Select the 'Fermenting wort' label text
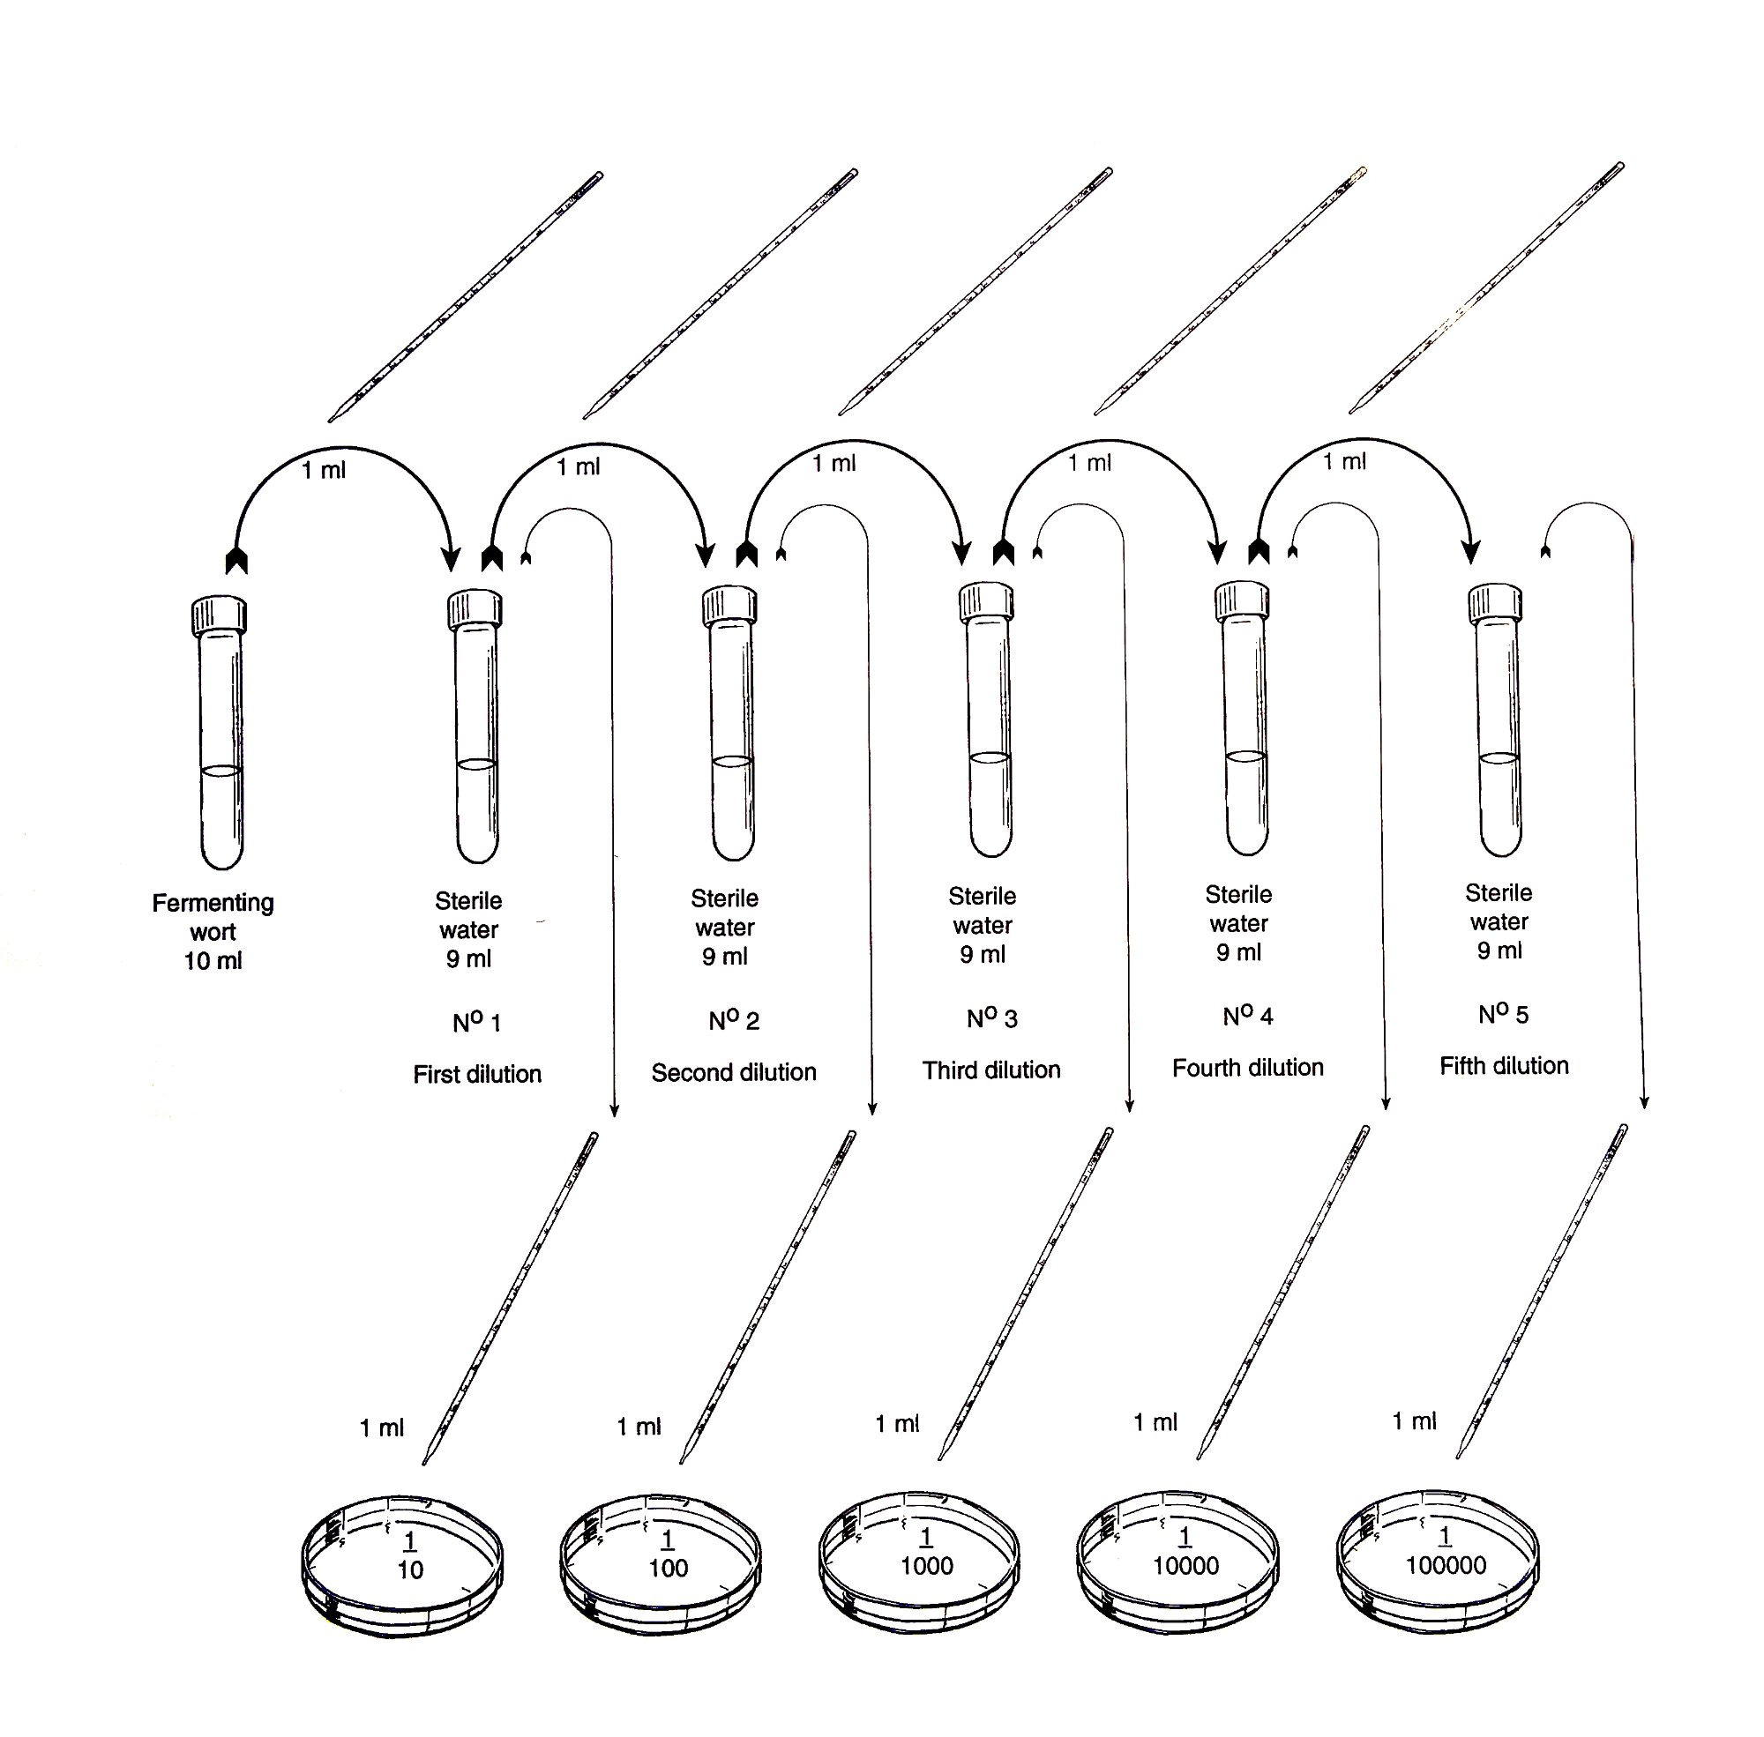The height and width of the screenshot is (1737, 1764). [x=213, y=917]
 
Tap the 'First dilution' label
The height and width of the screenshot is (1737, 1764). [x=476, y=1074]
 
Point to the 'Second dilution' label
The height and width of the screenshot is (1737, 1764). [x=734, y=1072]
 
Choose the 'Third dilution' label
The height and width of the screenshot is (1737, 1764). [x=991, y=1070]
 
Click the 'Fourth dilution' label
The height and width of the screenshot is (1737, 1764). [x=1247, y=1068]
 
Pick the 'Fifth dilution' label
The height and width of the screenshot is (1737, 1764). [x=1504, y=1065]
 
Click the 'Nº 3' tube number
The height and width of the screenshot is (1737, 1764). [x=992, y=1018]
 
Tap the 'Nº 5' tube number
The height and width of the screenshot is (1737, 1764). [x=1503, y=1014]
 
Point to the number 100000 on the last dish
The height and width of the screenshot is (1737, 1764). [x=1446, y=1565]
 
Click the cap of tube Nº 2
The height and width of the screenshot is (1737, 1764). [x=730, y=605]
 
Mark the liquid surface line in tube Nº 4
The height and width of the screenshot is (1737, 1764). [x=1245, y=757]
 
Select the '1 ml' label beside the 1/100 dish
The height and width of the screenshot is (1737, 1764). [x=638, y=1426]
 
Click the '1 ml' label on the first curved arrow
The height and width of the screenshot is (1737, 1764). [x=324, y=471]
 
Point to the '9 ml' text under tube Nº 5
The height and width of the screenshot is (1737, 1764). [x=1499, y=951]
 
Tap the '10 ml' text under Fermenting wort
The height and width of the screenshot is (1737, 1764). [x=213, y=961]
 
